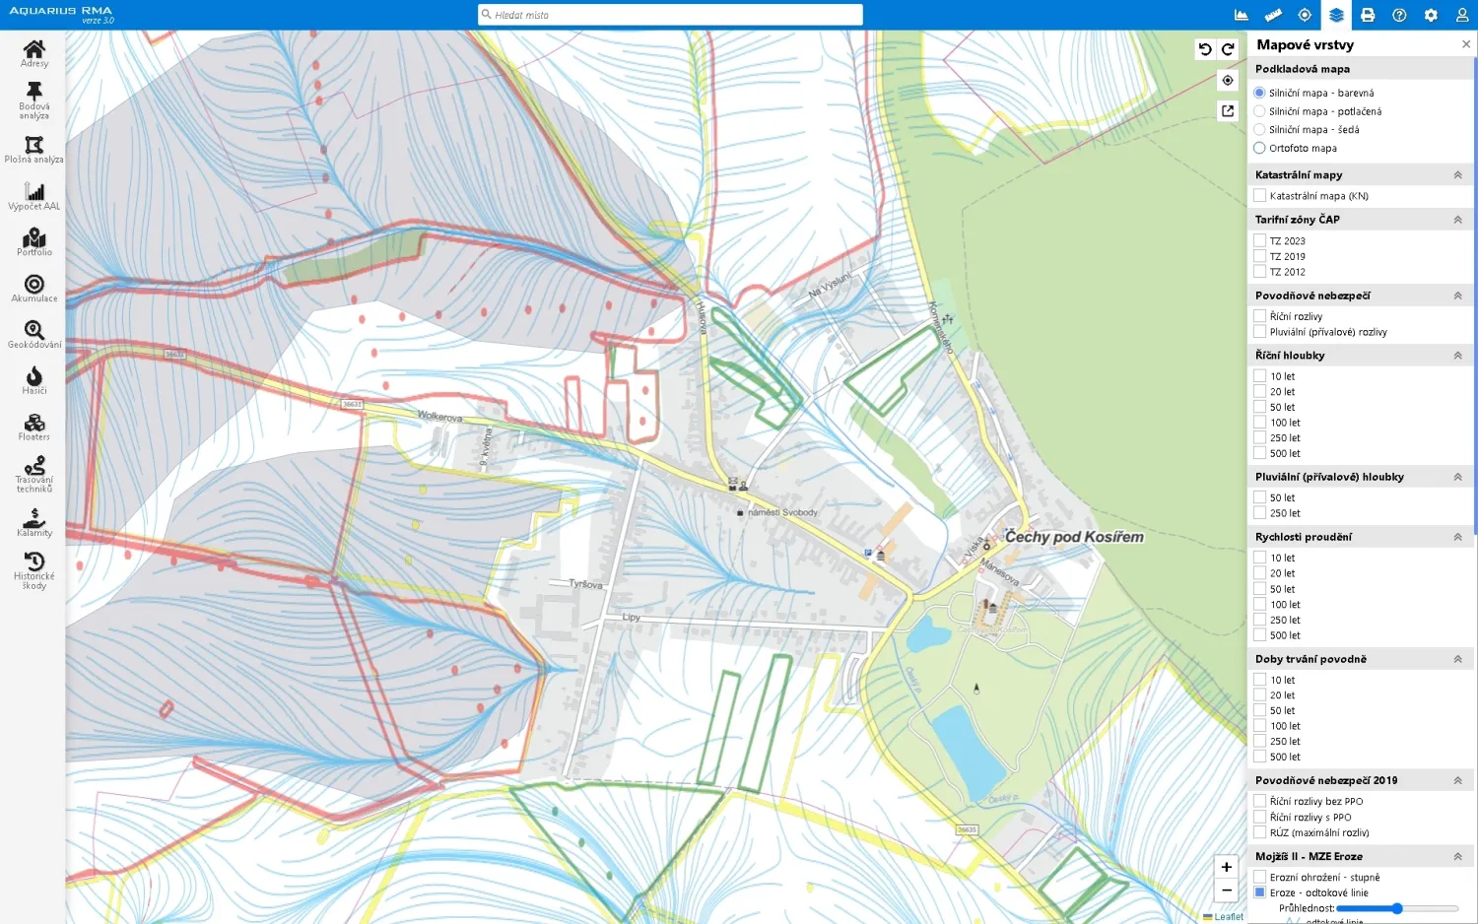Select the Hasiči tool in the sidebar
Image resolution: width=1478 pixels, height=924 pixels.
34,379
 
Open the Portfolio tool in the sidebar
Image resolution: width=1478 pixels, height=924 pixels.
34,241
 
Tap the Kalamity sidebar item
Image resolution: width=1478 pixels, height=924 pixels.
34,522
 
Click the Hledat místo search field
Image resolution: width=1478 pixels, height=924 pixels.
670,15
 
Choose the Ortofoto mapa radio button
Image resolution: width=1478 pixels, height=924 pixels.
1259,148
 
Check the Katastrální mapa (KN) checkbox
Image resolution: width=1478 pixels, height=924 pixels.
1259,196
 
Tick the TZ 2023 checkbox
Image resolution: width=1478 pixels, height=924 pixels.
1259,240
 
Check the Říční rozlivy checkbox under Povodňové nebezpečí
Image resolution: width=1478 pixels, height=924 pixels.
1259,316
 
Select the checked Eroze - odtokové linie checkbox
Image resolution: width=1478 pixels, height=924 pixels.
1259,892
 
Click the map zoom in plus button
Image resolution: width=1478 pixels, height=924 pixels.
1226,867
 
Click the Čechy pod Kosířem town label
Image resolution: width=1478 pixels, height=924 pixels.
1074,537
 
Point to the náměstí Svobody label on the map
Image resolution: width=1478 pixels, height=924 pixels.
782,512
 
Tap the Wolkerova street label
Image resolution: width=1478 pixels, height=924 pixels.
439,416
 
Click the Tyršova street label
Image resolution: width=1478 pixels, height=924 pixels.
585,584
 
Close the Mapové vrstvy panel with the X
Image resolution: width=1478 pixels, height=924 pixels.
1466,44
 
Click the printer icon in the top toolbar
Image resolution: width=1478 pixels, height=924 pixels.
1368,15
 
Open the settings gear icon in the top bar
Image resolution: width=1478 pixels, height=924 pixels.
1431,15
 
